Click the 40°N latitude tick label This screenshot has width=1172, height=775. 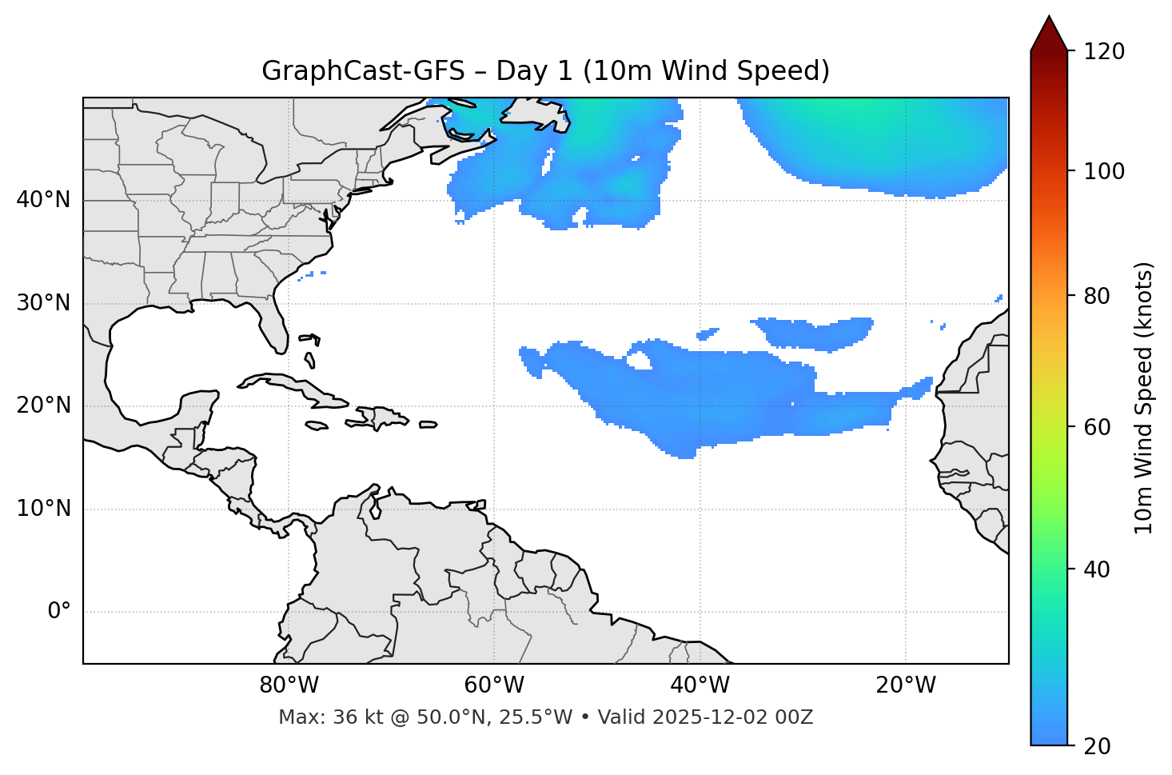(x=43, y=200)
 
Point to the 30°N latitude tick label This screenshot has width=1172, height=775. (x=43, y=303)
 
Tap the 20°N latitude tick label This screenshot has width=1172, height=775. (x=43, y=405)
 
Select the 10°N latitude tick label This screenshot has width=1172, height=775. (x=43, y=509)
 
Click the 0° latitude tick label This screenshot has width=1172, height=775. (x=59, y=612)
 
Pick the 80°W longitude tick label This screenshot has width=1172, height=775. (x=289, y=685)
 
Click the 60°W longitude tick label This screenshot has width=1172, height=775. (x=494, y=685)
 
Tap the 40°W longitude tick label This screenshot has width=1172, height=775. (x=700, y=685)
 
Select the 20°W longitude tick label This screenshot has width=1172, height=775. (x=906, y=685)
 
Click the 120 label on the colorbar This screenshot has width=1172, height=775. (x=1104, y=52)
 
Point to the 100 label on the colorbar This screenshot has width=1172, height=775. (x=1104, y=171)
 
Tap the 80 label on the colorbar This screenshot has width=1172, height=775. (x=1098, y=296)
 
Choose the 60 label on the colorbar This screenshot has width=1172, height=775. (x=1098, y=427)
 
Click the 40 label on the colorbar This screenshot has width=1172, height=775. (x=1098, y=569)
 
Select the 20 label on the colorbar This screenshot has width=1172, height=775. (x=1098, y=746)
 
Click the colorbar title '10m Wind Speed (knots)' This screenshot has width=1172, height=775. (x=1144, y=397)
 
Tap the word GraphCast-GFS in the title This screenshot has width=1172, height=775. (x=363, y=71)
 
